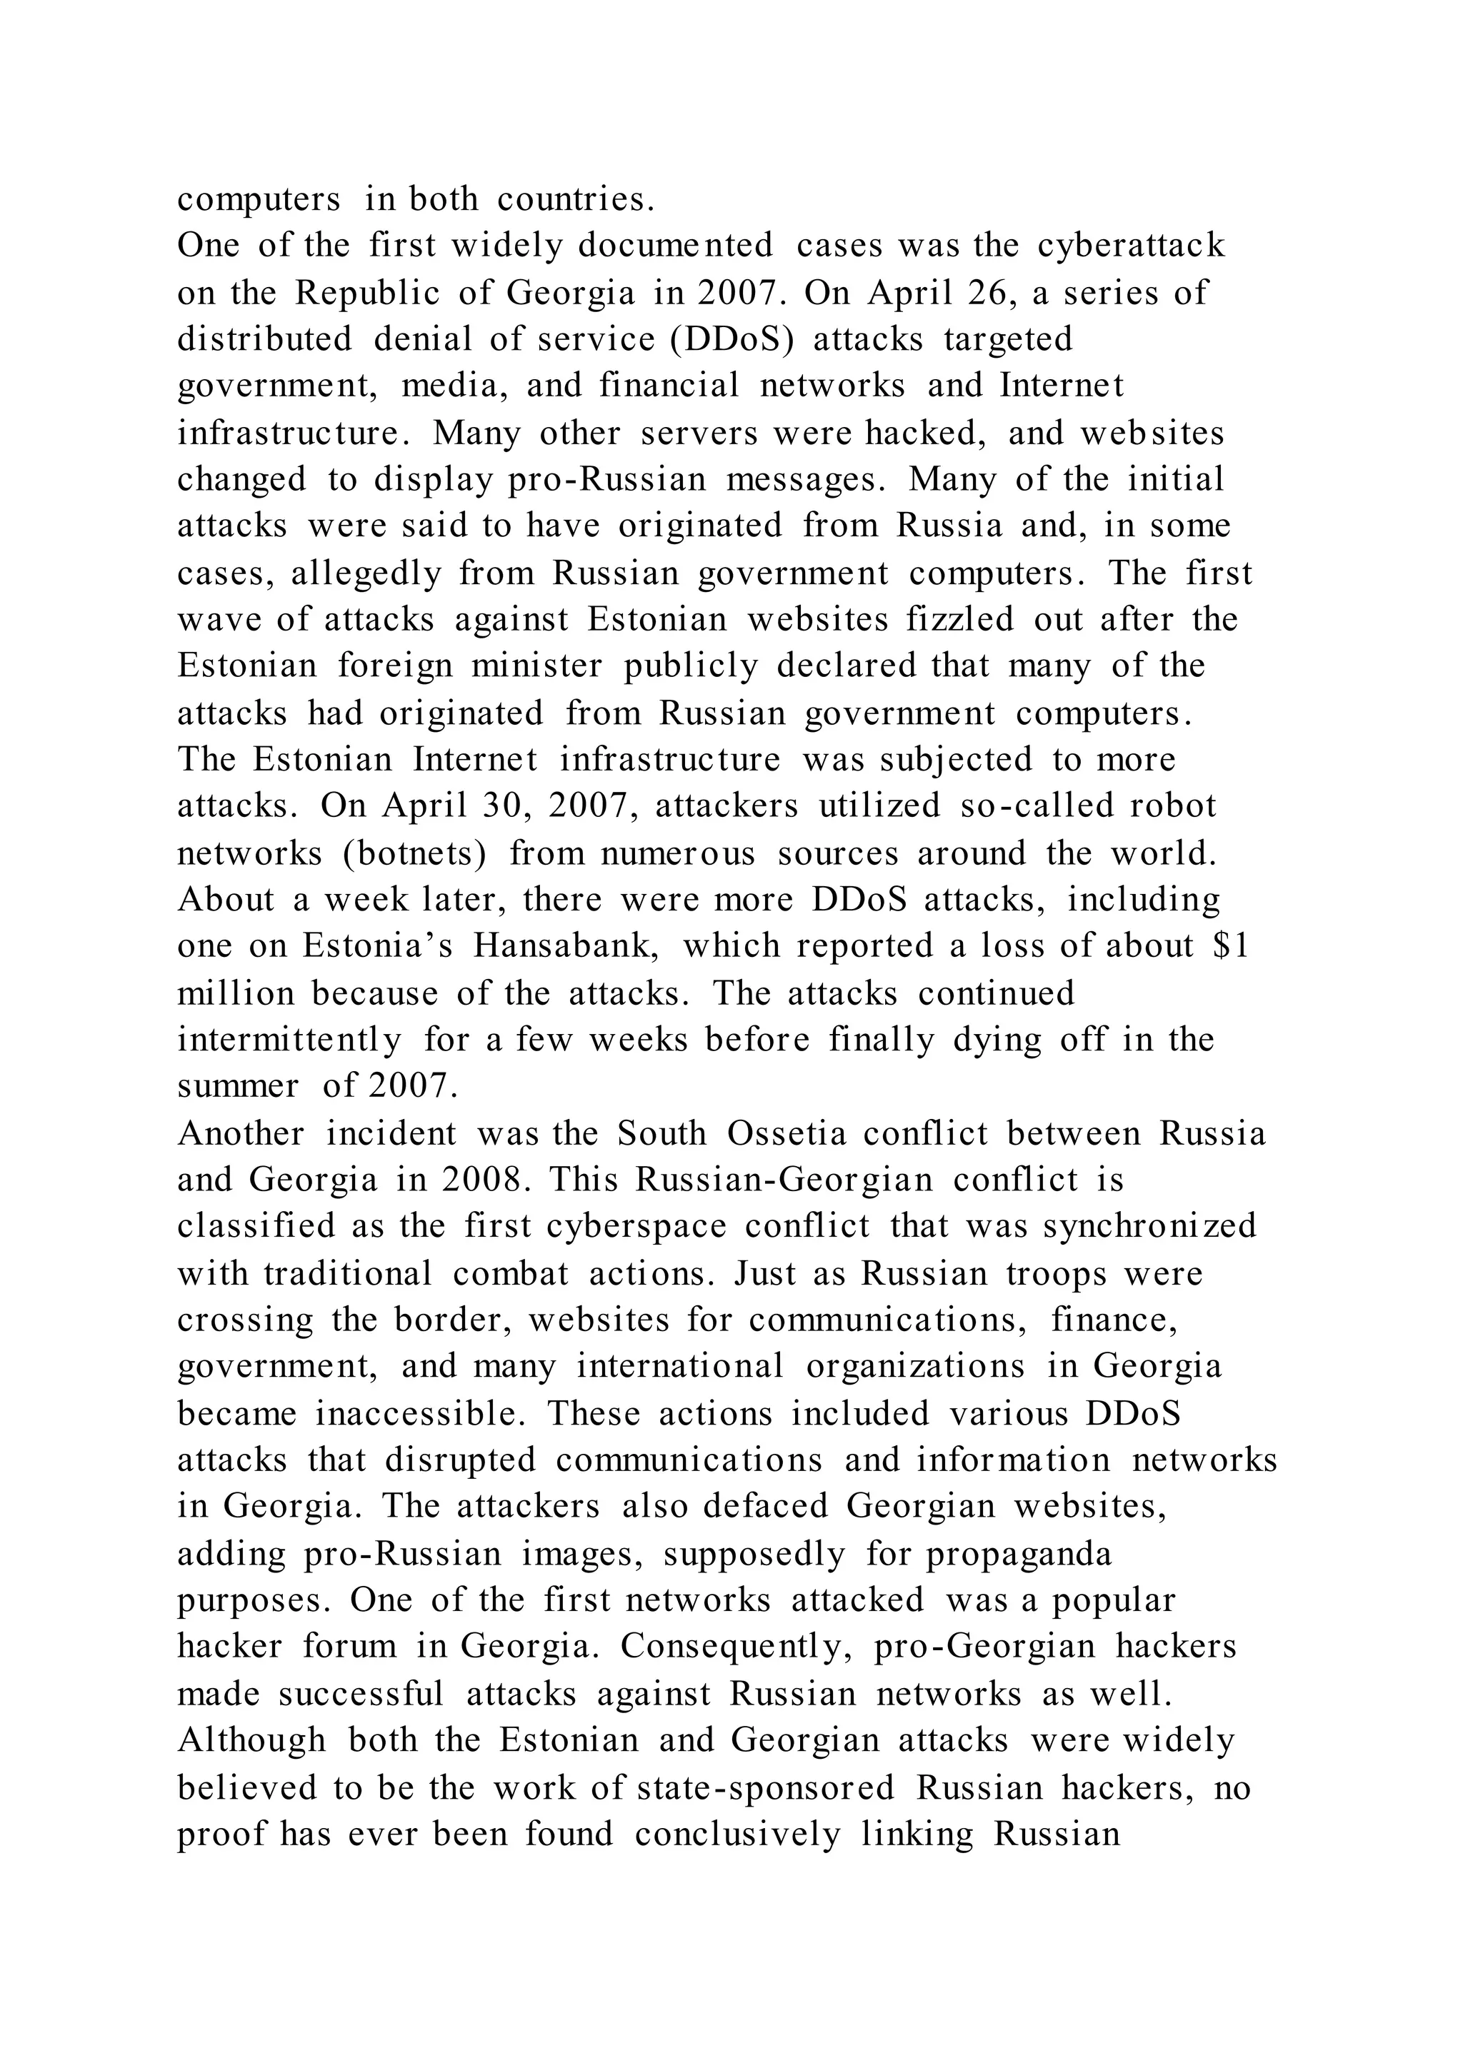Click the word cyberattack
1131,246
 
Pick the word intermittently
289,1040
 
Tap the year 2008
484,1180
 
